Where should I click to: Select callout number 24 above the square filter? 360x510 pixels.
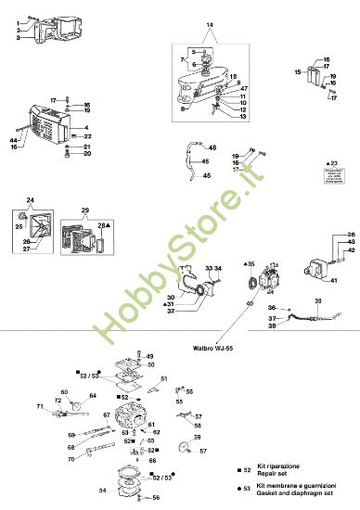pyautogui.click(x=30, y=200)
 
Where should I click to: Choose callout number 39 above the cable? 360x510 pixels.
pyautogui.click(x=317, y=302)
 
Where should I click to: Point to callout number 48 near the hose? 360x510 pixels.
pyautogui.click(x=212, y=147)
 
